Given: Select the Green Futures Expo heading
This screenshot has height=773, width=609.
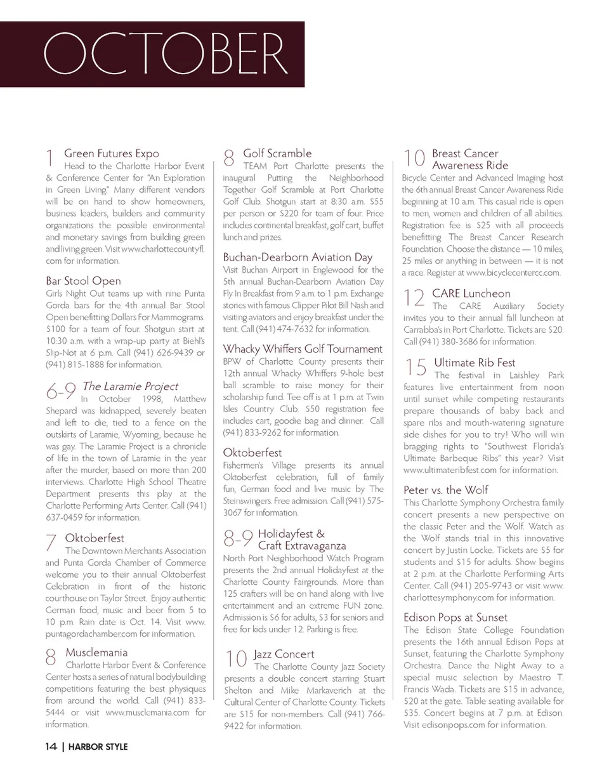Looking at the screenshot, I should (x=112, y=153).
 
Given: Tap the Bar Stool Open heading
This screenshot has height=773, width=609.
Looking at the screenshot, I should (x=83, y=281).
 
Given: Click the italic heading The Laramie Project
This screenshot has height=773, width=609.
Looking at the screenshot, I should (x=130, y=386).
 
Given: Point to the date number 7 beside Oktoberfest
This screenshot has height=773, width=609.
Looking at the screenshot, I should (x=51, y=543).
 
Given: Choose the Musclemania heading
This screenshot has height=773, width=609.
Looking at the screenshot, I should (x=96, y=653).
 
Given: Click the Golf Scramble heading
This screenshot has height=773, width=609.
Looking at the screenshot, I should (x=277, y=153).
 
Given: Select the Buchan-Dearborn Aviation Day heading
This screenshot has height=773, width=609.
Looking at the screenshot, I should (x=298, y=257).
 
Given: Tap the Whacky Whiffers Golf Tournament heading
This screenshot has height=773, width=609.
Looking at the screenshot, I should (x=303, y=349).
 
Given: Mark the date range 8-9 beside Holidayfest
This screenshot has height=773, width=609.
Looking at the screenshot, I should (x=239, y=539).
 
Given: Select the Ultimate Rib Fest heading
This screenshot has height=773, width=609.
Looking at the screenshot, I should (x=475, y=363).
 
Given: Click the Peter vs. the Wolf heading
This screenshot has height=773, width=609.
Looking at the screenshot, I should (x=445, y=490).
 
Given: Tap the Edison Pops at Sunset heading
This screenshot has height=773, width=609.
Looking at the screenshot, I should (x=455, y=617).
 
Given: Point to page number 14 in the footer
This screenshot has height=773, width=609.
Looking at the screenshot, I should (x=51, y=747).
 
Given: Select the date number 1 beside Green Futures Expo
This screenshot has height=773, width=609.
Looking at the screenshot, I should (x=49, y=159).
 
